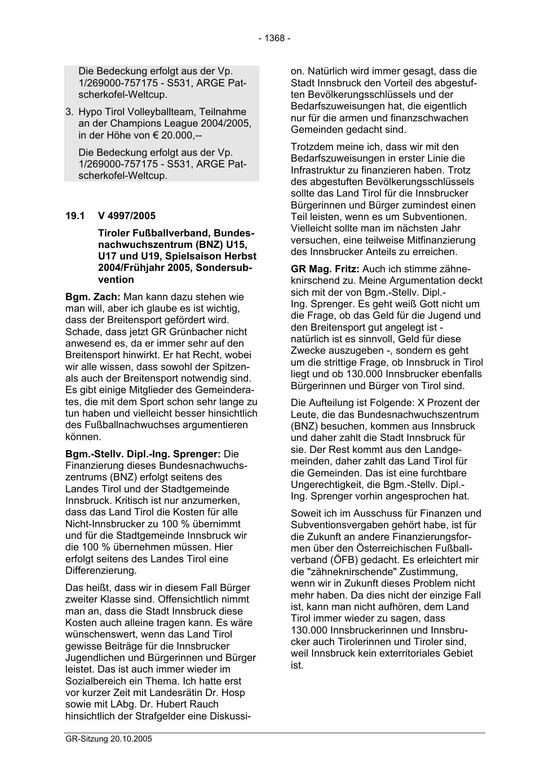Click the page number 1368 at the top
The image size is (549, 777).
pyautogui.click(x=274, y=39)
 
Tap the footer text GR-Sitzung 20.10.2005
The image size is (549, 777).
pyautogui.click(x=108, y=739)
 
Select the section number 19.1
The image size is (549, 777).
pyautogui.click(x=75, y=216)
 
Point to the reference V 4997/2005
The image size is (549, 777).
pyautogui.click(x=127, y=216)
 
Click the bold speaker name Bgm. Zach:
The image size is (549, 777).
pyautogui.click(x=93, y=297)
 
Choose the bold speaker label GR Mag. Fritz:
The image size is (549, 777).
pyautogui.click(x=325, y=269)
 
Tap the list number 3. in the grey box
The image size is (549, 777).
pyautogui.click(x=70, y=112)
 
